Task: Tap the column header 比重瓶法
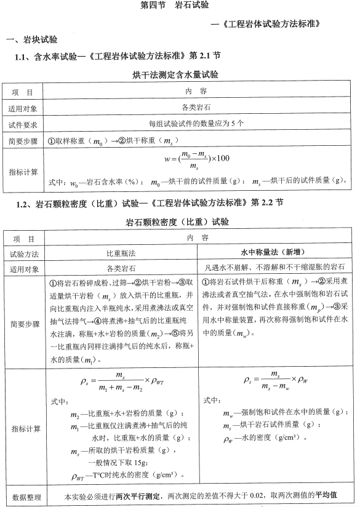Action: pos(121,253)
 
